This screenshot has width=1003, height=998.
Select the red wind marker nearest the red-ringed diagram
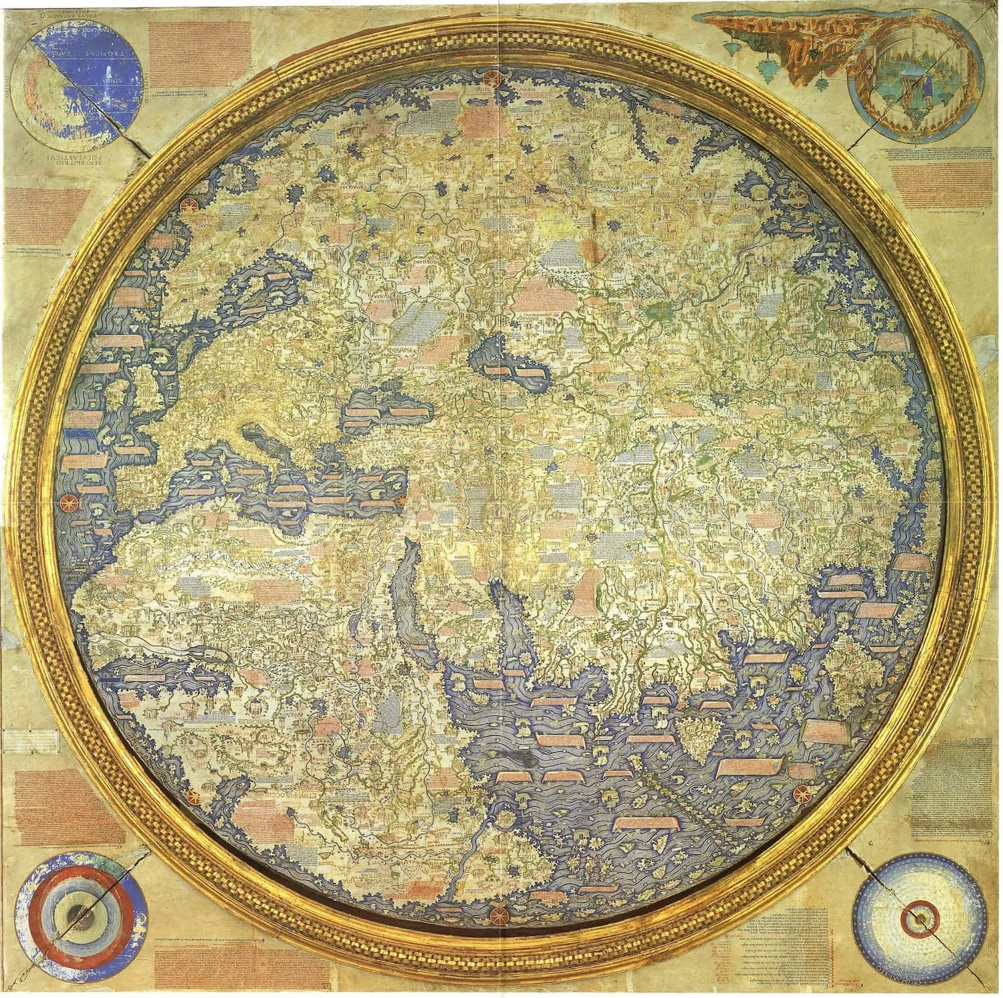tap(194, 796)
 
